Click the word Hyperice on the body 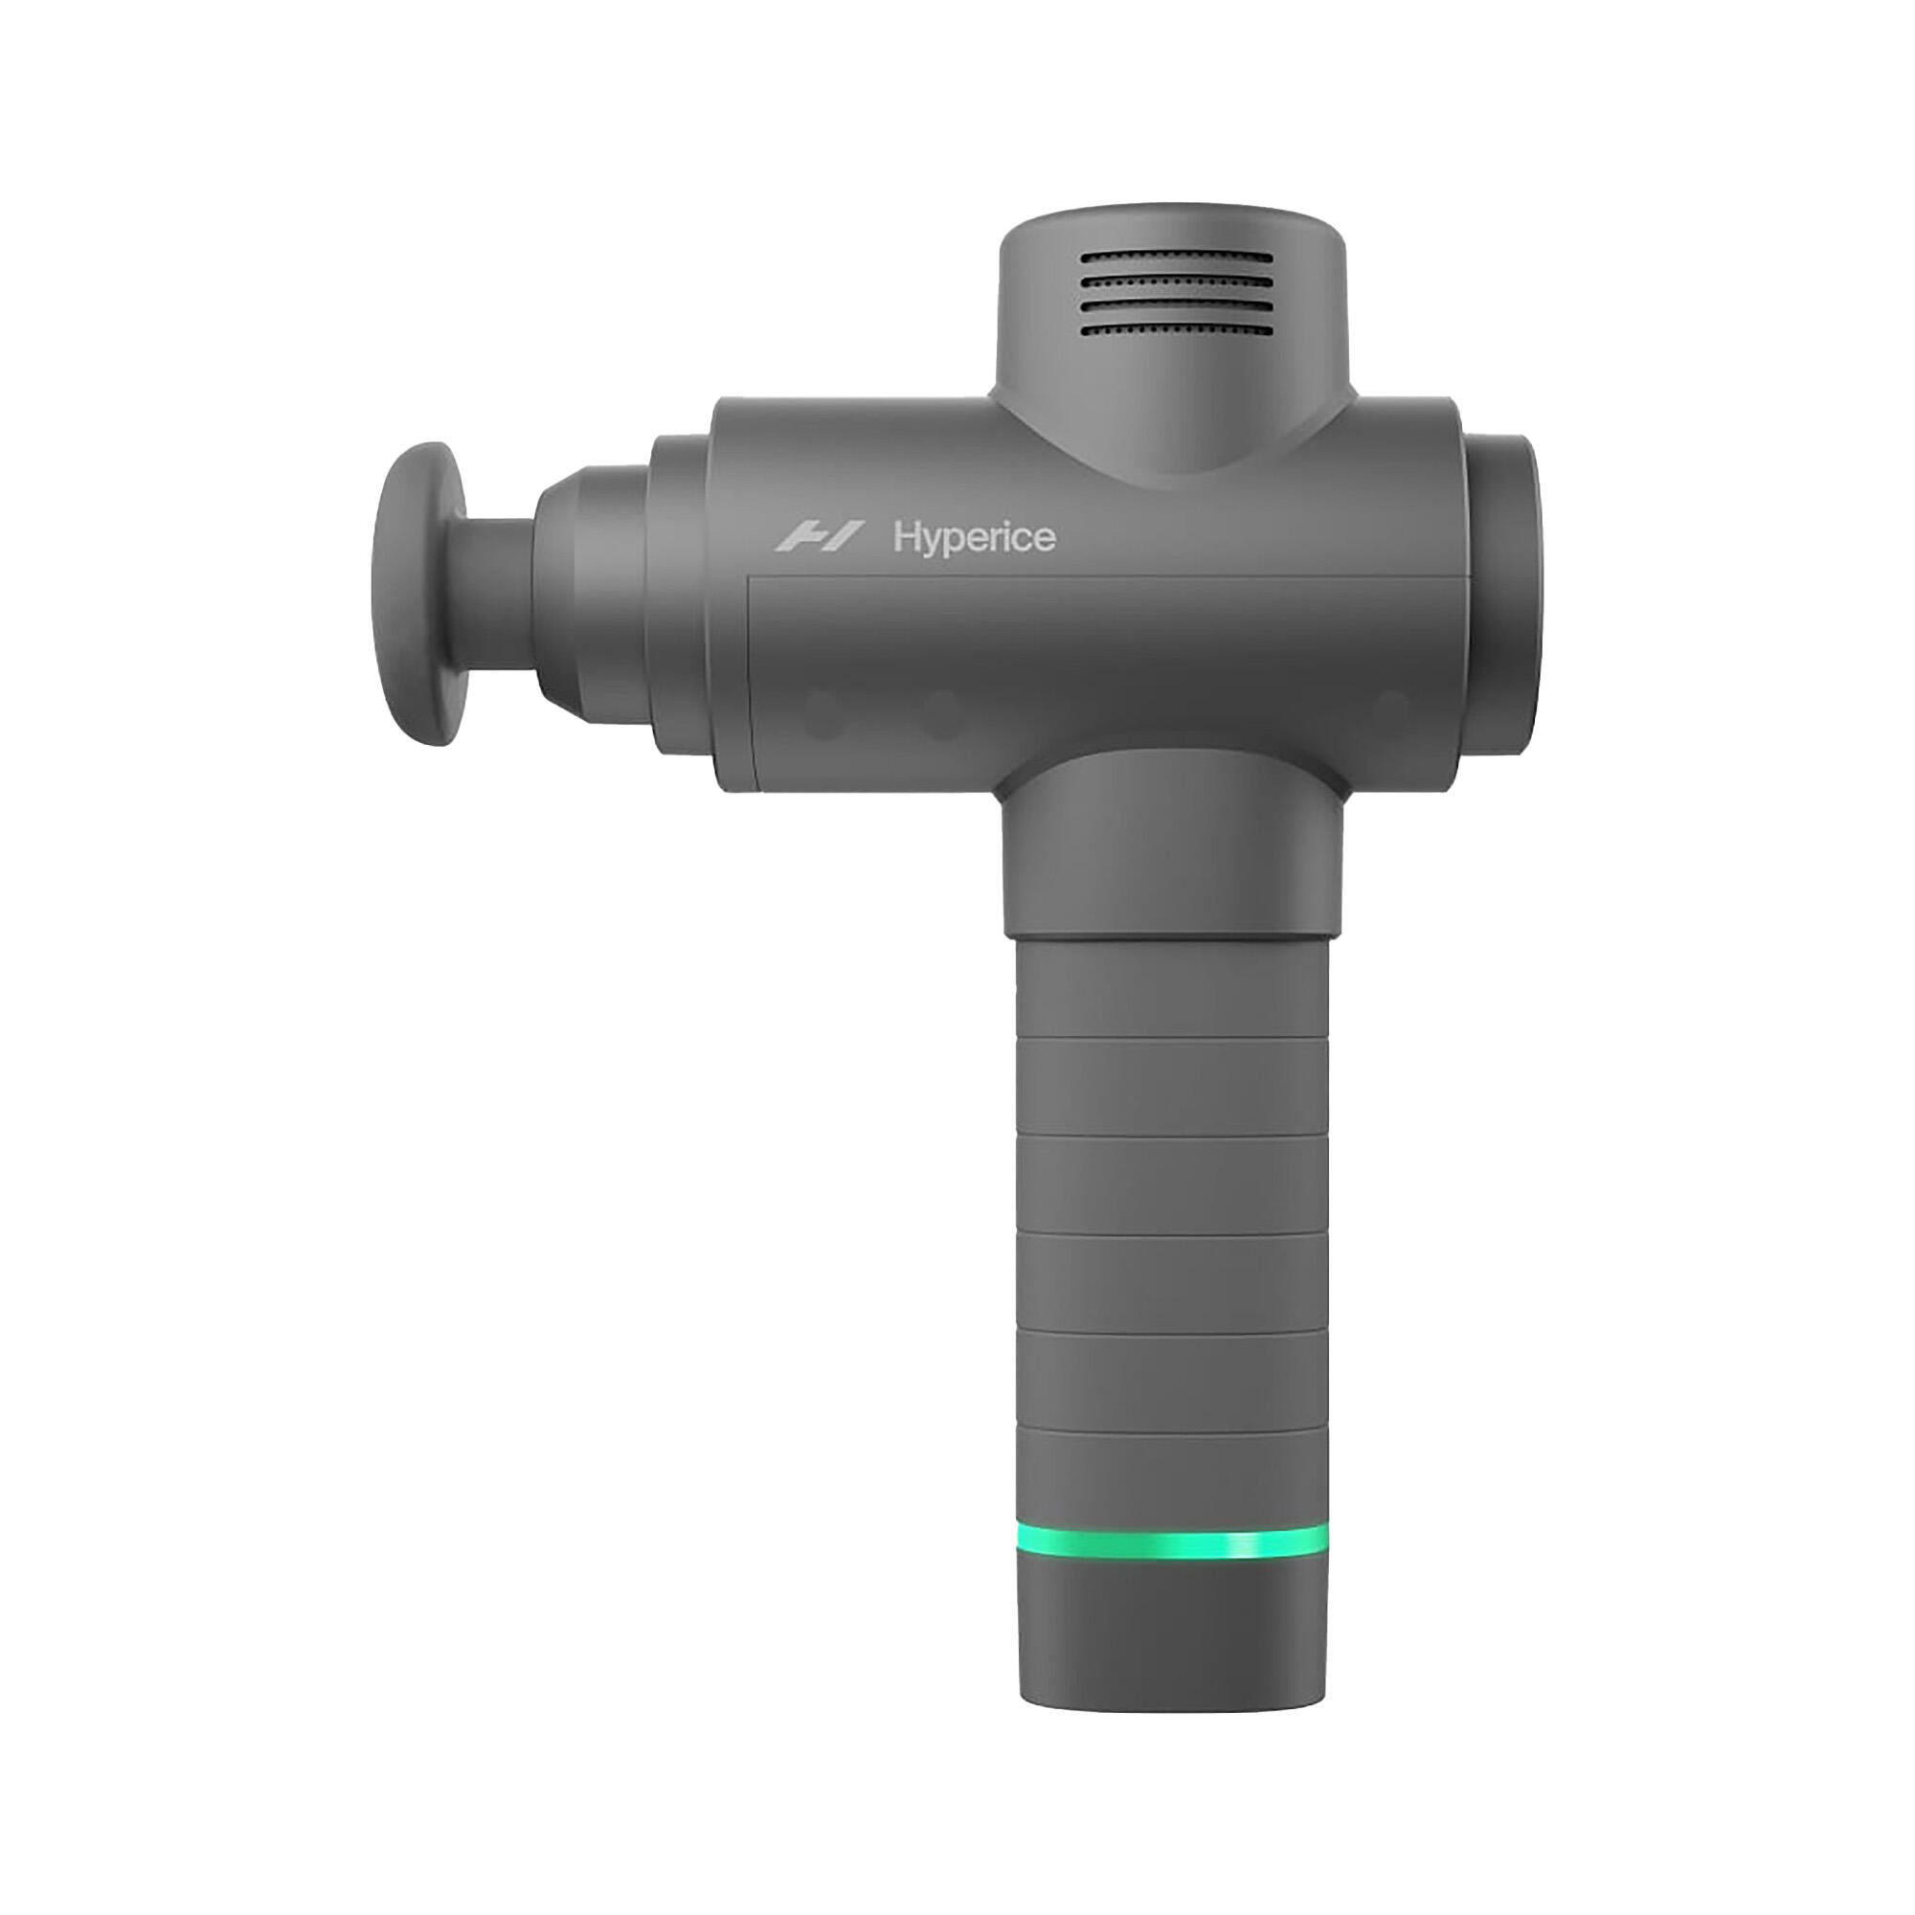tap(974, 539)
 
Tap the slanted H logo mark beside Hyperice tap(819, 537)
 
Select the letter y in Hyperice tap(934, 544)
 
